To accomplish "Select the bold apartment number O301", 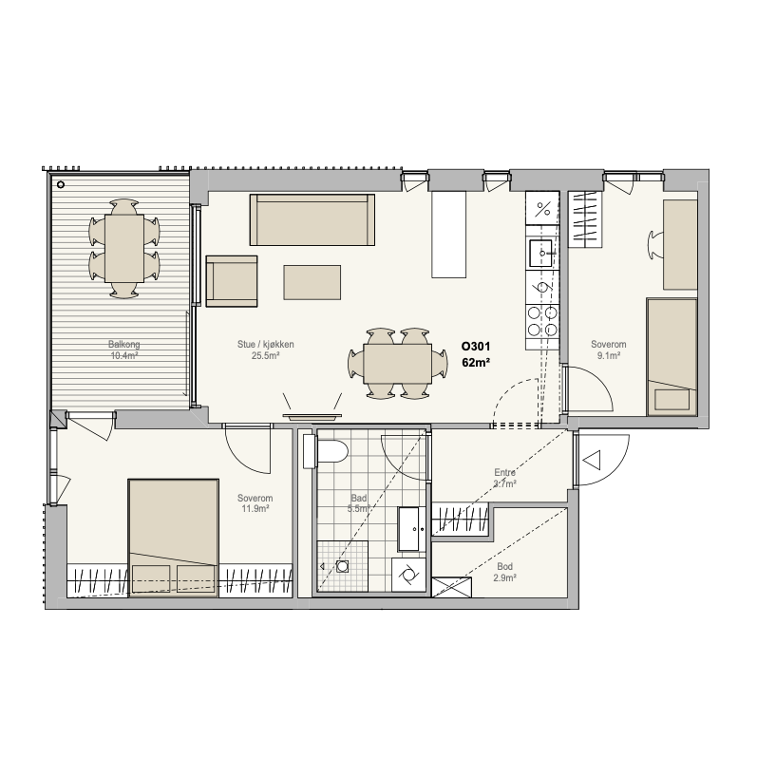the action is click(476, 347).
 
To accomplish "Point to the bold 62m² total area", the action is click(476, 363).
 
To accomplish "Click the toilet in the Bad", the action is click(326, 452).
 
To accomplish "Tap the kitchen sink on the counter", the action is click(541, 253).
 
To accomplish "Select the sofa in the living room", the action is click(312, 219).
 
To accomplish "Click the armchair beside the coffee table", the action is click(232, 281).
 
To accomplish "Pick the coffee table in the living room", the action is click(312, 282).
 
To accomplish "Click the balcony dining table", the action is click(124, 248).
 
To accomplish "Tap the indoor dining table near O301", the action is click(398, 364).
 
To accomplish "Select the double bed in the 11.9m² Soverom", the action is click(173, 538).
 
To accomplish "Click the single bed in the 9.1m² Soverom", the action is click(672, 357).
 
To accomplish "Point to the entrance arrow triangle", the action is click(592, 460).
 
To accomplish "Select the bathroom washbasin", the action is click(412, 529).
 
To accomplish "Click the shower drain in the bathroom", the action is click(342, 566).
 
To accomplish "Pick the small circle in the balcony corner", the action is click(61, 184).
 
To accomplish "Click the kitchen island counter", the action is click(449, 235).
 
